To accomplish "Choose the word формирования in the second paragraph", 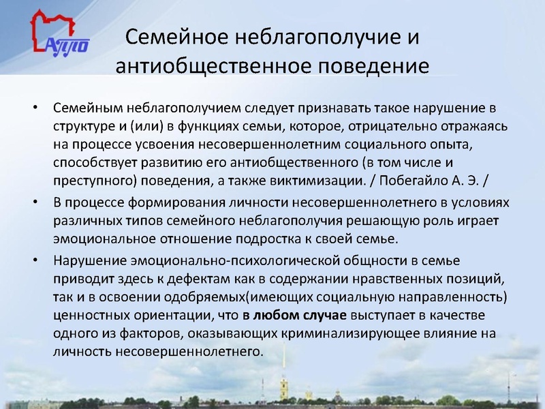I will point(174,204).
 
